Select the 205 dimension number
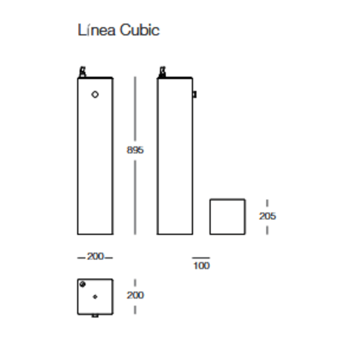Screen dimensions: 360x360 [x=268, y=215]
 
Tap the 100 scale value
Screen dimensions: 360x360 [x=202, y=265]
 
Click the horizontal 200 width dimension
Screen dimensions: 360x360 [x=95, y=257]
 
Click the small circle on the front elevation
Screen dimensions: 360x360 [x=95, y=95]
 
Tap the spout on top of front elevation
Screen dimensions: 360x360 [x=82, y=72]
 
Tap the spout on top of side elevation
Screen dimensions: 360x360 [x=161, y=72]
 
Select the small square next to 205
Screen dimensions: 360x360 [x=227, y=216]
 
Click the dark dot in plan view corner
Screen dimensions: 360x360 [x=83, y=284]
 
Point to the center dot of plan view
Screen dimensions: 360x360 [x=95, y=296]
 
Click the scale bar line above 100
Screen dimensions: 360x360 [x=202, y=257]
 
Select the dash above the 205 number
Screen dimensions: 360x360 [x=268, y=203]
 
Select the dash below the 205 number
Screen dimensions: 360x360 [x=268, y=228]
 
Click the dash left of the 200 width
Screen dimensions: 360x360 [x=82, y=257]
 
